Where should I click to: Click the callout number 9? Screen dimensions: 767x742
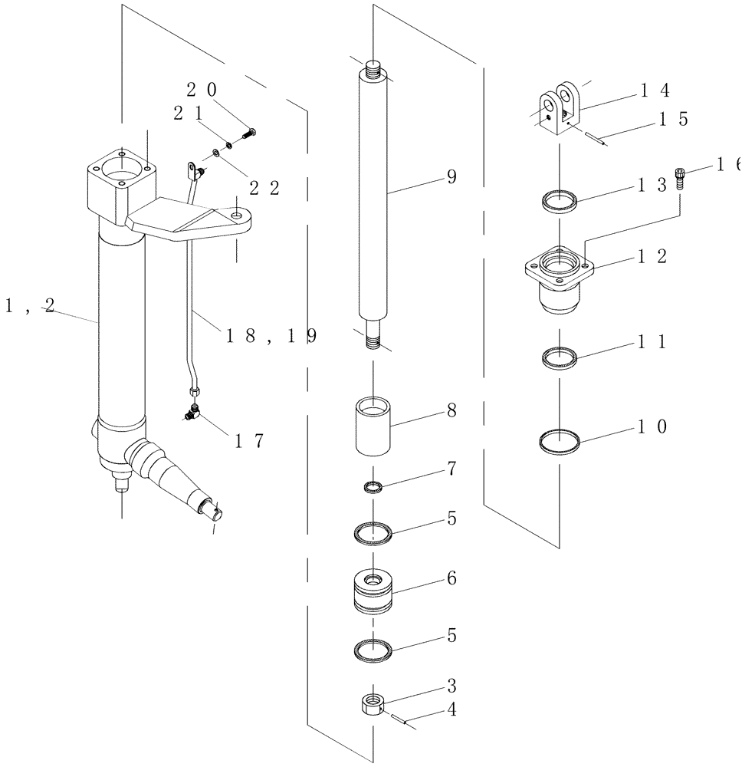pyautogui.click(x=451, y=178)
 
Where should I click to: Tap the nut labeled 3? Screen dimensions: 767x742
pyautogui.click(x=372, y=704)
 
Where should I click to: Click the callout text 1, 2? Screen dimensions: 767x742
pyautogui.click(x=29, y=305)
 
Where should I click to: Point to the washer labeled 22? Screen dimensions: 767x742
pyautogui.click(x=218, y=156)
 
